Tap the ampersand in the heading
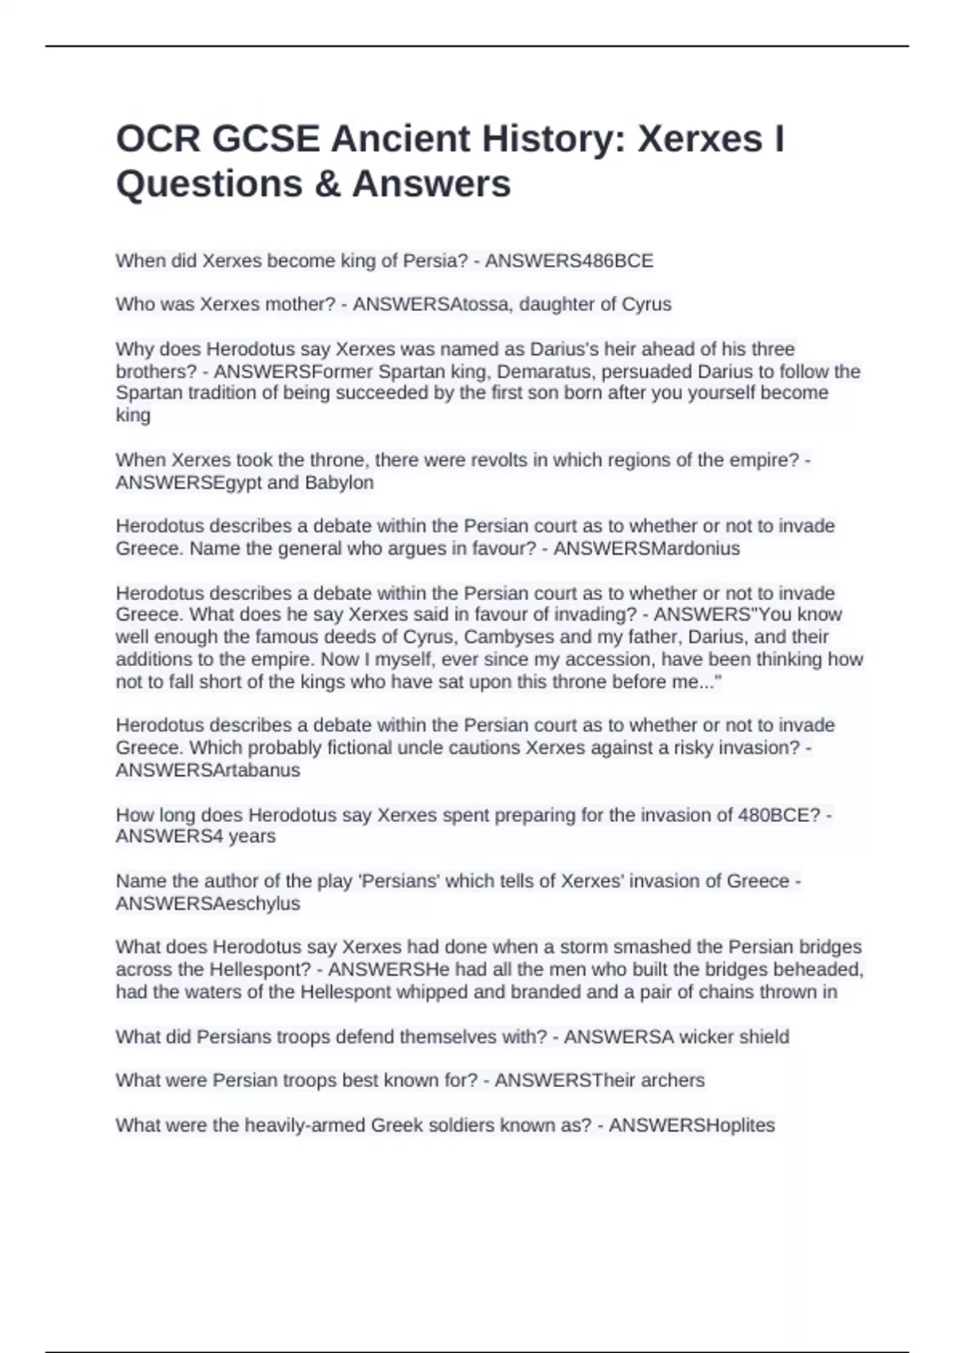[x=327, y=184]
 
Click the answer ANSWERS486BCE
[x=569, y=261]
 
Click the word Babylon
[x=339, y=482]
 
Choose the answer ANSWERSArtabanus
[x=208, y=770]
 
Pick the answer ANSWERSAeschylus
[x=208, y=903]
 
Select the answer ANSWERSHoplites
[x=692, y=1125]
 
